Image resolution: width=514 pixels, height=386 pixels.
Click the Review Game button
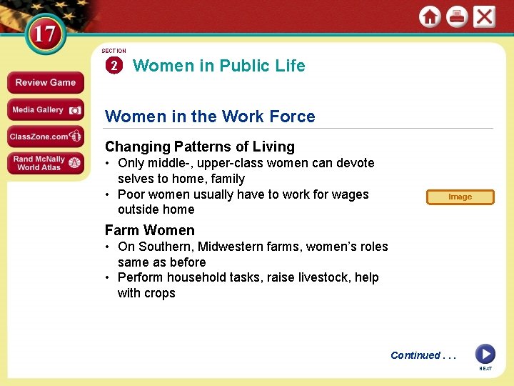pyautogui.click(x=46, y=82)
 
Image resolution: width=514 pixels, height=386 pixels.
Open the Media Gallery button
pyautogui.click(x=46, y=109)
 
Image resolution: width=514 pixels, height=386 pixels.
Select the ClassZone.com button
pyautogui.click(x=46, y=136)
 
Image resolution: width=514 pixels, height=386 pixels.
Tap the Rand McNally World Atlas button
pyautogui.click(x=46, y=163)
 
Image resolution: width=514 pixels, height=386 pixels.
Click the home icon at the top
pyautogui.click(x=430, y=16)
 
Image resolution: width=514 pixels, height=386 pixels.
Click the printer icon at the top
pyautogui.click(x=457, y=16)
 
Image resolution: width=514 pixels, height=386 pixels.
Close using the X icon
pyautogui.click(x=484, y=16)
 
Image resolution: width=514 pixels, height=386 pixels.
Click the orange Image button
pyautogui.click(x=460, y=197)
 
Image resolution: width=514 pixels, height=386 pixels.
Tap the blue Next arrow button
pyautogui.click(x=485, y=354)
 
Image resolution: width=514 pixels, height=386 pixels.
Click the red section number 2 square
pyautogui.click(x=114, y=66)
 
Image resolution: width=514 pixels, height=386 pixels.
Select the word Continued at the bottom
pyautogui.click(x=415, y=355)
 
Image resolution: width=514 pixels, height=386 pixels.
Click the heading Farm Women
pyautogui.click(x=150, y=230)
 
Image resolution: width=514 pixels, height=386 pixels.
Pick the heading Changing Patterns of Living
pyautogui.click(x=200, y=147)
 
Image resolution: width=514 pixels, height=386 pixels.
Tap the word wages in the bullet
pyautogui.click(x=352, y=194)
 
